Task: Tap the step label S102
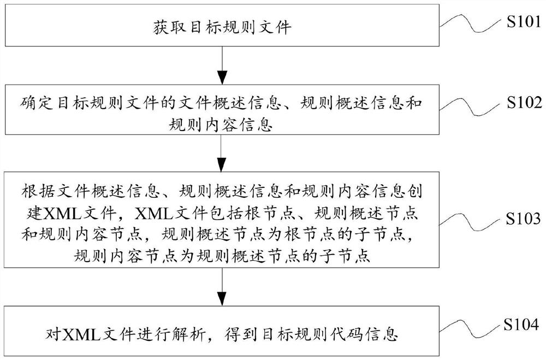coord(523,102)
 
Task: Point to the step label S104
coord(523,327)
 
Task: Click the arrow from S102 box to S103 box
coord(221,152)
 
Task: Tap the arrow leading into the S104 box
coord(221,290)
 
